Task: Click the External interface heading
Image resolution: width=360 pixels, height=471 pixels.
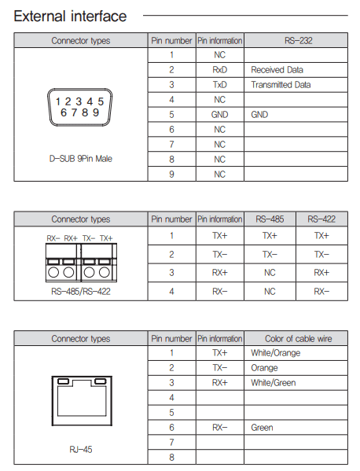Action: (70, 16)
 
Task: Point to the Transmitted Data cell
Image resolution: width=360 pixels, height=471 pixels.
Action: (281, 85)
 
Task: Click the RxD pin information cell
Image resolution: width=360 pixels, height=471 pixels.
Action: (219, 70)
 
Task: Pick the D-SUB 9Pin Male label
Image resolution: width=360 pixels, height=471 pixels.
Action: (80, 158)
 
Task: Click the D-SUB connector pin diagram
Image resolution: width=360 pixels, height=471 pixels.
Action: (80, 106)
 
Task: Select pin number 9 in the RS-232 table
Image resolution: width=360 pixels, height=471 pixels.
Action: (171, 174)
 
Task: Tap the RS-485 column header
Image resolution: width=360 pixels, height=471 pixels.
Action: (270, 219)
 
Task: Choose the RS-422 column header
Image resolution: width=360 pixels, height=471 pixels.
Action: (321, 219)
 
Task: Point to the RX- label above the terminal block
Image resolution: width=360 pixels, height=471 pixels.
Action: (53, 237)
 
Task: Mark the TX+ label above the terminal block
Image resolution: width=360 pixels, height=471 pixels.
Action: (106, 237)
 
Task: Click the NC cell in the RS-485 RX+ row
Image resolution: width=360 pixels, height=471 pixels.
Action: (270, 272)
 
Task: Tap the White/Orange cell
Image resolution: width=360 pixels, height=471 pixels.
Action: (275, 353)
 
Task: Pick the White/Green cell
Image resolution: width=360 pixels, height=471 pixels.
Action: (274, 383)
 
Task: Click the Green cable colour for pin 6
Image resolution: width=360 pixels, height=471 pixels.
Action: (262, 428)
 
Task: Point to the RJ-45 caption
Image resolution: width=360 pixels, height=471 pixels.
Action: (80, 451)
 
